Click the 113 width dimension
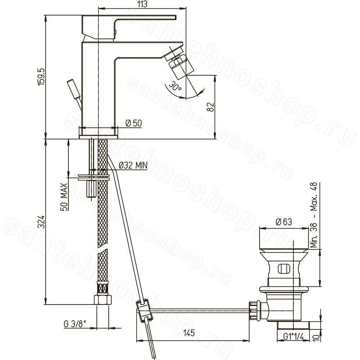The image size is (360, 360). point(142,4)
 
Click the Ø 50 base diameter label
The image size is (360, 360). point(134,123)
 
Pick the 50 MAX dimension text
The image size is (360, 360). point(64,197)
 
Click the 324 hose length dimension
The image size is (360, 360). point(41,222)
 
